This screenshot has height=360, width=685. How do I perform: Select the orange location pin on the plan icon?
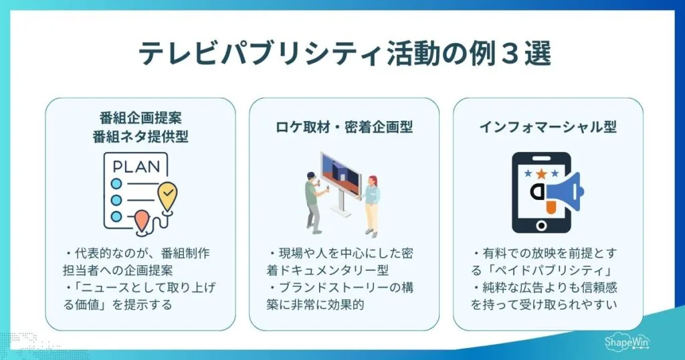click(141, 221)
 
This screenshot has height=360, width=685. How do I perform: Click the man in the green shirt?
click(312, 201)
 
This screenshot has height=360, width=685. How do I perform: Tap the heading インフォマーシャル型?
click(548, 126)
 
